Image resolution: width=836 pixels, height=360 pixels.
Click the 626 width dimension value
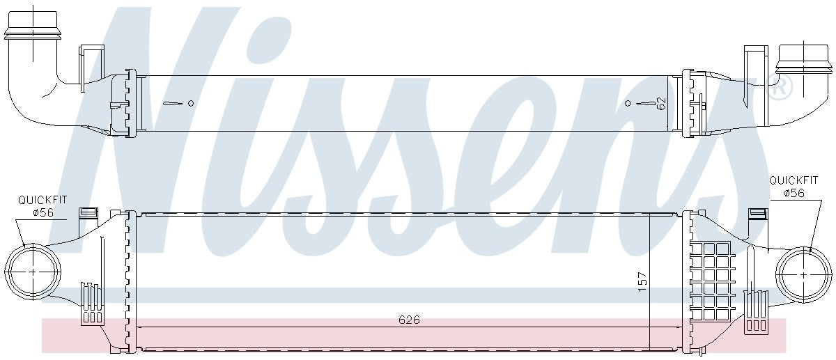(409, 320)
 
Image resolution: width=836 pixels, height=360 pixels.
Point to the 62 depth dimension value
(661, 103)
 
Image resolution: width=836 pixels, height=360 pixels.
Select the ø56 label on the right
(794, 193)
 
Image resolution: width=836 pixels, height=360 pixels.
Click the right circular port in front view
(804, 274)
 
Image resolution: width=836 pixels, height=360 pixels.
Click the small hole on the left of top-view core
(190, 103)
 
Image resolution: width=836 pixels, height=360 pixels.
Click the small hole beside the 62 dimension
(628, 103)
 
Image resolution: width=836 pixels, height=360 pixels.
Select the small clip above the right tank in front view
(754, 213)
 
